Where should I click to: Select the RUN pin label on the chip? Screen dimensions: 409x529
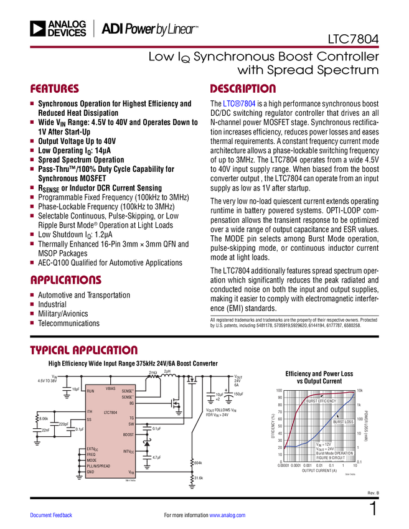point(90,391)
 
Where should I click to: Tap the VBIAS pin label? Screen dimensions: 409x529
point(111,388)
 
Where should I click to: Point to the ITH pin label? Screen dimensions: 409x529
point(90,412)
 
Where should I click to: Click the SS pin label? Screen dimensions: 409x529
point(89,419)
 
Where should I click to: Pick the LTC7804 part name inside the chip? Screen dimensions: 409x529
point(110,412)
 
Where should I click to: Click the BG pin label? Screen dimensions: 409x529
point(131,403)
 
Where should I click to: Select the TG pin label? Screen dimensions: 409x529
point(131,418)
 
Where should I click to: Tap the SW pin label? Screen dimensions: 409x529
point(131,424)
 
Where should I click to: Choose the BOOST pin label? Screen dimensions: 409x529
point(128,434)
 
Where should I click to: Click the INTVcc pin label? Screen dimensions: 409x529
point(128,451)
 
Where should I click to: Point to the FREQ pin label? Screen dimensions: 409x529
point(91,454)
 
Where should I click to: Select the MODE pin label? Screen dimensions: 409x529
point(92,461)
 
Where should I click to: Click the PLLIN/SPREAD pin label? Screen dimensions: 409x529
point(100,466)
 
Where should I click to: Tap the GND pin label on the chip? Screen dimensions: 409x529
point(90,472)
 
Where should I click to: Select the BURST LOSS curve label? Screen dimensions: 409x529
point(342,422)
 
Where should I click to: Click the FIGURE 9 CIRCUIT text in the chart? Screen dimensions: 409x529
point(329,457)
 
